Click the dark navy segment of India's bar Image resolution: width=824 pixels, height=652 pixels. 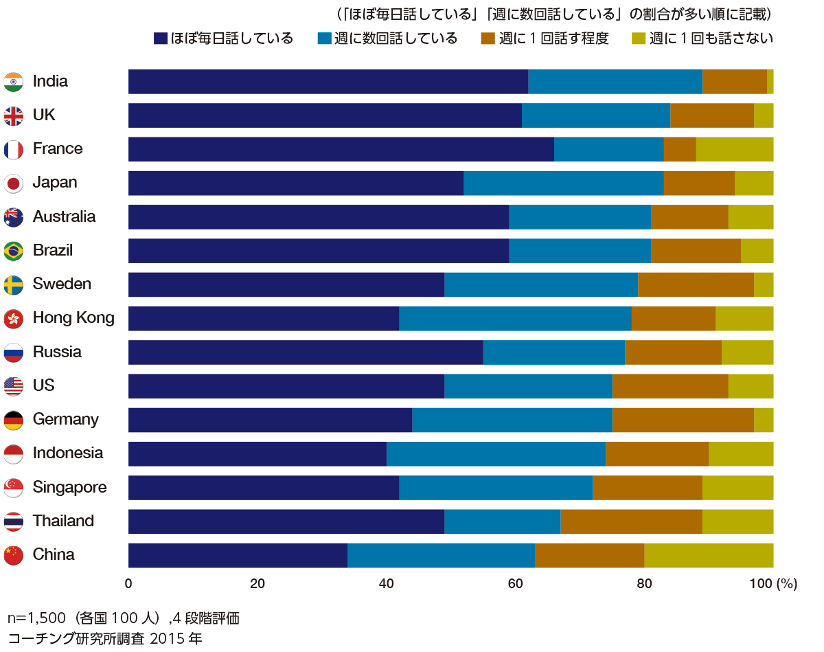[x=328, y=82]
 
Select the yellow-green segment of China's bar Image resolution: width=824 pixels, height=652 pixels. [x=709, y=555]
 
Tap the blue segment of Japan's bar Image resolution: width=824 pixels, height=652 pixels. [x=564, y=183]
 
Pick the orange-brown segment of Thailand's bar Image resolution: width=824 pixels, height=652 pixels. [x=631, y=521]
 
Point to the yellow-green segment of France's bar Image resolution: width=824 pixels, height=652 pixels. [x=735, y=150]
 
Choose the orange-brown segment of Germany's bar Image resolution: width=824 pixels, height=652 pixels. [x=683, y=420]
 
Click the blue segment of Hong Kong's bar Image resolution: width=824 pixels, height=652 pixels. [x=515, y=319]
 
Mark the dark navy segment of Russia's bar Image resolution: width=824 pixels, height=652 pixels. [x=306, y=352]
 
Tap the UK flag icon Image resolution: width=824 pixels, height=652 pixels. [x=14, y=115]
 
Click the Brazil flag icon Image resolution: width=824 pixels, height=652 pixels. [x=14, y=251]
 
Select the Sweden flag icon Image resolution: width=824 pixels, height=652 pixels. [x=14, y=284]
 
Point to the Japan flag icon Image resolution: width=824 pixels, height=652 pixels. [x=14, y=183]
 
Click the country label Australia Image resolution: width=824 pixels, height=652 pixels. [x=64, y=217]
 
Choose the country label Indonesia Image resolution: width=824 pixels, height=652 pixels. [x=68, y=453]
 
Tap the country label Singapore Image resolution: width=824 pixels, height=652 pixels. [x=69, y=488]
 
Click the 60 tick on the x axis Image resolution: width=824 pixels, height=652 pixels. [x=515, y=584]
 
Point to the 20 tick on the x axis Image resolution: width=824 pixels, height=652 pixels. [x=257, y=584]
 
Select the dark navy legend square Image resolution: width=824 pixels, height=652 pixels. [x=160, y=38]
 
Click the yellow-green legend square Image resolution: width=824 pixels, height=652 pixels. [x=637, y=38]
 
